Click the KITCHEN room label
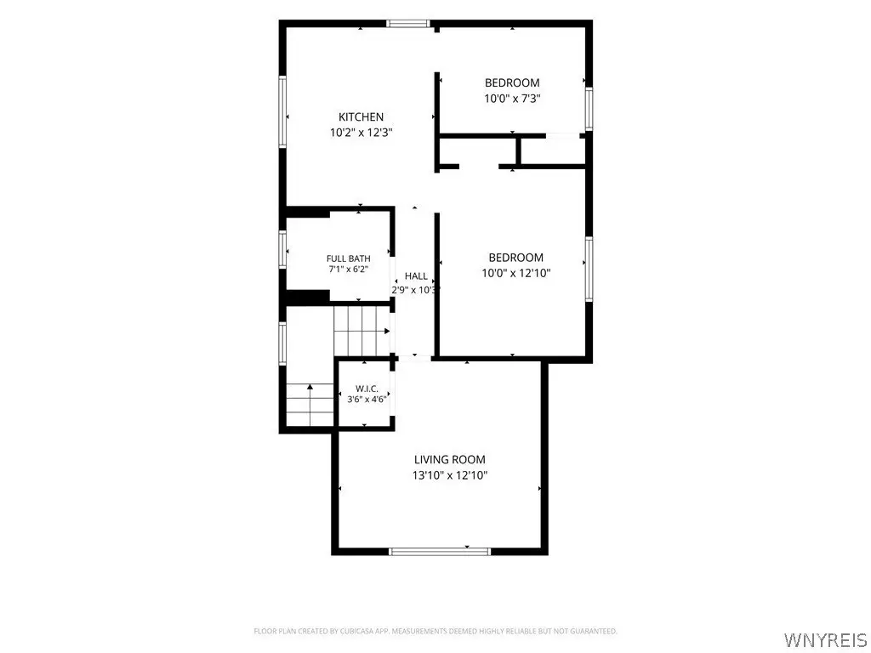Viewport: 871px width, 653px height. point(361,116)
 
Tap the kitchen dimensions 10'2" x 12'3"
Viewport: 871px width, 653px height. point(361,133)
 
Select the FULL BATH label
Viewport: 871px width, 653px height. point(348,258)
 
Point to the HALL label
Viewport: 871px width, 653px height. point(416,276)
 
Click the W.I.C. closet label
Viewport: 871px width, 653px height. point(367,389)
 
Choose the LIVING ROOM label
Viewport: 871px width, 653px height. point(450,459)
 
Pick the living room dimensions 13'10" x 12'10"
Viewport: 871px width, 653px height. point(450,475)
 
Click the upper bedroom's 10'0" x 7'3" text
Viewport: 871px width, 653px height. point(512,99)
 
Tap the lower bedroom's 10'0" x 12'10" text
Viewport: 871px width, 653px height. point(516,273)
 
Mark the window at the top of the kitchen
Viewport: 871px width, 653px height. point(408,23)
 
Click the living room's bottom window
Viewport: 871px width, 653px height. point(440,551)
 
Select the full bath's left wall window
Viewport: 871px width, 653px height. point(282,250)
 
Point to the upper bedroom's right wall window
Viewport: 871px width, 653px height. point(589,109)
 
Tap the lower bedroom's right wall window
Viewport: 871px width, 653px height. point(589,270)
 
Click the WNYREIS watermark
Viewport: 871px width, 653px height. point(825,639)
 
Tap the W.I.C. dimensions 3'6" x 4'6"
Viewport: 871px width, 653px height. point(367,400)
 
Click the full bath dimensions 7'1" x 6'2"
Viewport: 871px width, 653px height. point(348,270)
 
